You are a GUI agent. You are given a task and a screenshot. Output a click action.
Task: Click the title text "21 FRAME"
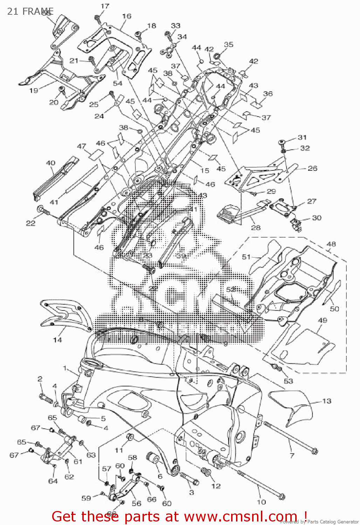point(30,11)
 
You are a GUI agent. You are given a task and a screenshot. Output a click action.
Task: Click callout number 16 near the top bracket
point(127,16)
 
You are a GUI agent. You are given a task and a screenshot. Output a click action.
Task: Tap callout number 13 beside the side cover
point(326,401)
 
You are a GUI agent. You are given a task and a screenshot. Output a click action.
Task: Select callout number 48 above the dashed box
point(331,244)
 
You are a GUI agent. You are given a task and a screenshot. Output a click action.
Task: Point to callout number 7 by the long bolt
point(292,455)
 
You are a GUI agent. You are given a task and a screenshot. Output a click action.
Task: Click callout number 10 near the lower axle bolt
point(262,502)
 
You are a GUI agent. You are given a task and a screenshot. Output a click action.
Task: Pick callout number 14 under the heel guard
point(57,339)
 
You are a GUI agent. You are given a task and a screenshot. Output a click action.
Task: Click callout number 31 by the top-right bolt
point(302,137)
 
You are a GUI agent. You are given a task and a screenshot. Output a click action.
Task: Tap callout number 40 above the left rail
point(51,163)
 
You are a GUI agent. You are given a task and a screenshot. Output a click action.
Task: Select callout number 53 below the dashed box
point(288,381)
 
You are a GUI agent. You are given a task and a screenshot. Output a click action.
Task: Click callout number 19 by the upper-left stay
point(34,90)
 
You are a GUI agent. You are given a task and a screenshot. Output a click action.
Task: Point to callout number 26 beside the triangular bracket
point(312,168)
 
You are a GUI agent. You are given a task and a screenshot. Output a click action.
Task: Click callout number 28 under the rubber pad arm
point(256,227)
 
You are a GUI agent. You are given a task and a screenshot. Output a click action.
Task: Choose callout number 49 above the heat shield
point(323,320)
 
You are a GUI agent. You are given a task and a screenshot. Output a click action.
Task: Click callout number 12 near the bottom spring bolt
point(216,486)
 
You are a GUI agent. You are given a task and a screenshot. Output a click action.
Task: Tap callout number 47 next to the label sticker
point(82,146)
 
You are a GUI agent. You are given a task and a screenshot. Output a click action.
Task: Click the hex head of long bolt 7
point(314,451)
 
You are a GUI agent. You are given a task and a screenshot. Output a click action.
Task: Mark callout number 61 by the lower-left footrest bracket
point(78,461)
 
